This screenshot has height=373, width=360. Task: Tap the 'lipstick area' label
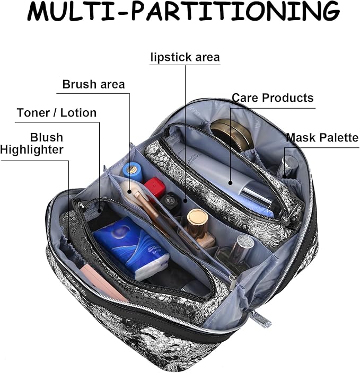tap(185, 57)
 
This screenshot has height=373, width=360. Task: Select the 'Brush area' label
tap(93, 84)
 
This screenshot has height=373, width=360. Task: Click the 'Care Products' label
tap(273, 98)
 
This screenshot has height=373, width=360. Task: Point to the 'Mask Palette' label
tap(322, 138)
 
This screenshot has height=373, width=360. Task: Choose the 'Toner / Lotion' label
tap(57, 113)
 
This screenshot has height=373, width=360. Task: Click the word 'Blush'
tap(46, 137)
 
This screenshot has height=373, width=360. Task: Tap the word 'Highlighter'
tap(32, 150)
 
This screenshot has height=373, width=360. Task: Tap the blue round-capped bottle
tap(131, 170)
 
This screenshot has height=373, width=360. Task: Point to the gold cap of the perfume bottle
tap(197, 219)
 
